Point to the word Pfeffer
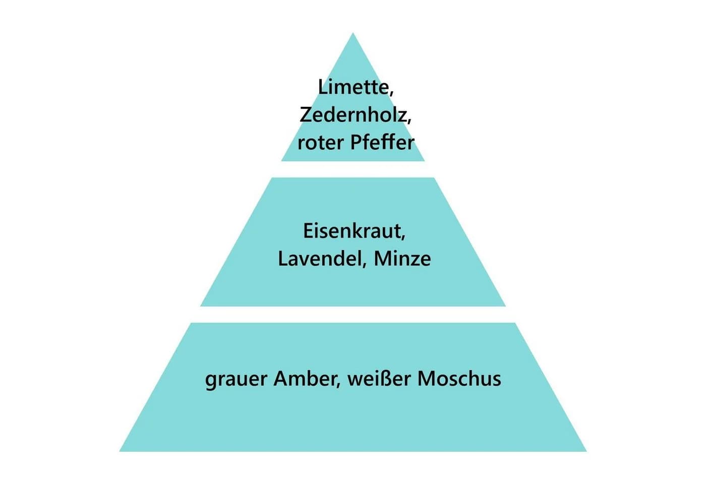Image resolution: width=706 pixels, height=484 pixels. [x=382, y=142]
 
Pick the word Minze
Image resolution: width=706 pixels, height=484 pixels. [x=402, y=259]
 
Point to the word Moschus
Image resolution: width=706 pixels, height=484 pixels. [x=459, y=378]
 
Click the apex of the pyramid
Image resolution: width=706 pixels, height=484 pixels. [x=352, y=33]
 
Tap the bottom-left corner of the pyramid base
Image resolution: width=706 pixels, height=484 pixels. [x=120, y=451]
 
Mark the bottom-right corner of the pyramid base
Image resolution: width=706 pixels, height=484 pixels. [x=586, y=451]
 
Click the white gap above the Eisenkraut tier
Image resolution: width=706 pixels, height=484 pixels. [x=353, y=169]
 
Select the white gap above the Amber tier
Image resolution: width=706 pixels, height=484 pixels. [x=353, y=314]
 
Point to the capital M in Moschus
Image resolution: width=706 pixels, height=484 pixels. [x=426, y=379]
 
